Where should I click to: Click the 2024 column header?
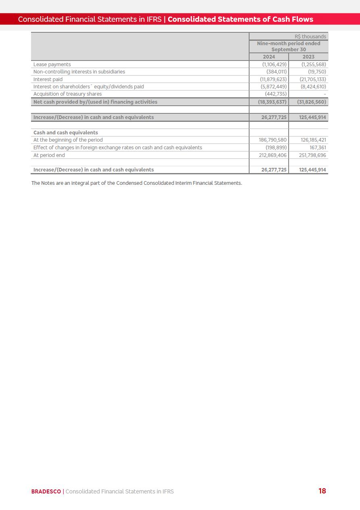pyautogui.click(x=269, y=57)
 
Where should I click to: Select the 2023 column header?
pyautogui.click(x=308, y=57)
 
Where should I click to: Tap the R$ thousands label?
pyautogui.click(x=310, y=37)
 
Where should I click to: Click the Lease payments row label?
pyautogui.click(x=52, y=65)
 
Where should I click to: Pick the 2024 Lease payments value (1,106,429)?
pyautogui.click(x=274, y=65)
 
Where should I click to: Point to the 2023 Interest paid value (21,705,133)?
pyautogui.click(x=313, y=79)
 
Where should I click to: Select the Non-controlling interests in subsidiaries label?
pyautogui.click(x=79, y=72)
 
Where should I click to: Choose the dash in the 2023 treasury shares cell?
pyautogui.click(x=325, y=94)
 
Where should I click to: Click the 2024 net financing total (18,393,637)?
pyautogui.click(x=272, y=102)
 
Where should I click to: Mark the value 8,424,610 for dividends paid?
pyautogui.click(x=313, y=87)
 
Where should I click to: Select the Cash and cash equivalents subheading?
pyautogui.click(x=66, y=133)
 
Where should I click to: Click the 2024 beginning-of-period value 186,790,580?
pyautogui.click(x=273, y=140)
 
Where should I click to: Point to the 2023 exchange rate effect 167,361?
pyautogui.click(x=318, y=148)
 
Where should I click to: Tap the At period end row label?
pyautogui.click(x=49, y=155)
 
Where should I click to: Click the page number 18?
pyautogui.click(x=322, y=491)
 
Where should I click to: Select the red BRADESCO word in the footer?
pyautogui.click(x=46, y=491)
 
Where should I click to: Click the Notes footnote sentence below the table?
pyautogui.click(x=137, y=183)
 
